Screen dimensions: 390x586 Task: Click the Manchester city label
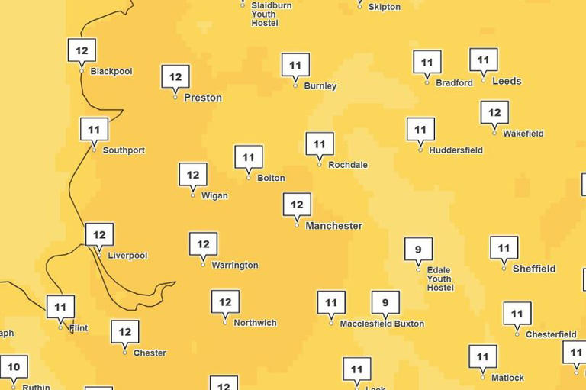pyautogui.click(x=333, y=226)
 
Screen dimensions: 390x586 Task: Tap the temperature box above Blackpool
pyautogui.click(x=82, y=51)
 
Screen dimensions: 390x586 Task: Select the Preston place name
pyautogui.click(x=203, y=98)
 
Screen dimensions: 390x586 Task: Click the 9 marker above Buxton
pyautogui.click(x=385, y=303)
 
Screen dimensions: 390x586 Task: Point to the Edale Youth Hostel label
pyautogui.click(x=439, y=279)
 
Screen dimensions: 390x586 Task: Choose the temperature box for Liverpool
pyautogui.click(x=99, y=234)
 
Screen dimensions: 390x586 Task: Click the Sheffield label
pyautogui.click(x=534, y=269)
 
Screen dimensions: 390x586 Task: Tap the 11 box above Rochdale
pyautogui.click(x=320, y=143)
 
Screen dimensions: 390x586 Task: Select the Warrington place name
pyautogui.click(x=235, y=266)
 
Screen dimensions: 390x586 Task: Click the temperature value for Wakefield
pyautogui.click(x=494, y=113)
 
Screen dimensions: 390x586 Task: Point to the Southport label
pyautogui.click(x=124, y=150)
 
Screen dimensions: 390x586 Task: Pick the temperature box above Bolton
pyautogui.click(x=249, y=157)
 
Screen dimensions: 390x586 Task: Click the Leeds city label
pyautogui.click(x=507, y=81)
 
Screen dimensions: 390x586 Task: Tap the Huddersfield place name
pyautogui.click(x=456, y=150)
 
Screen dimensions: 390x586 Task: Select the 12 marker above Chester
pyautogui.click(x=125, y=332)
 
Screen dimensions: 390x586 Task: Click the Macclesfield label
pyautogui.click(x=365, y=324)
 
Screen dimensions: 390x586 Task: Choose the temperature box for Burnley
pyautogui.click(x=295, y=66)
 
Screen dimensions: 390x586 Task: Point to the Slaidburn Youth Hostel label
pyautogui.click(x=271, y=14)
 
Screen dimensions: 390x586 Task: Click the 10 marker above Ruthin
pyautogui.click(x=14, y=366)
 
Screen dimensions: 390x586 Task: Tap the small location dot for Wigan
pyautogui.click(x=193, y=195)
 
